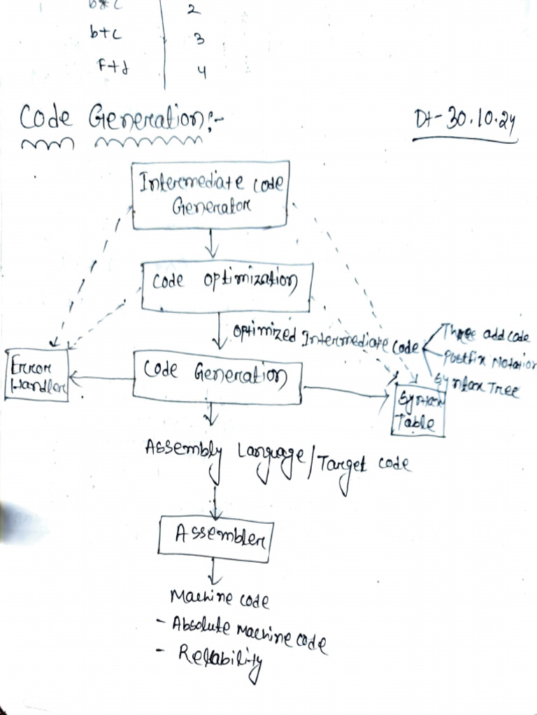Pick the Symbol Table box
[x=419, y=410]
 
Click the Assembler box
[x=215, y=536]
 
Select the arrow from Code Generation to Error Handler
[x=101, y=379]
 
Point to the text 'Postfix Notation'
[x=489, y=362]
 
